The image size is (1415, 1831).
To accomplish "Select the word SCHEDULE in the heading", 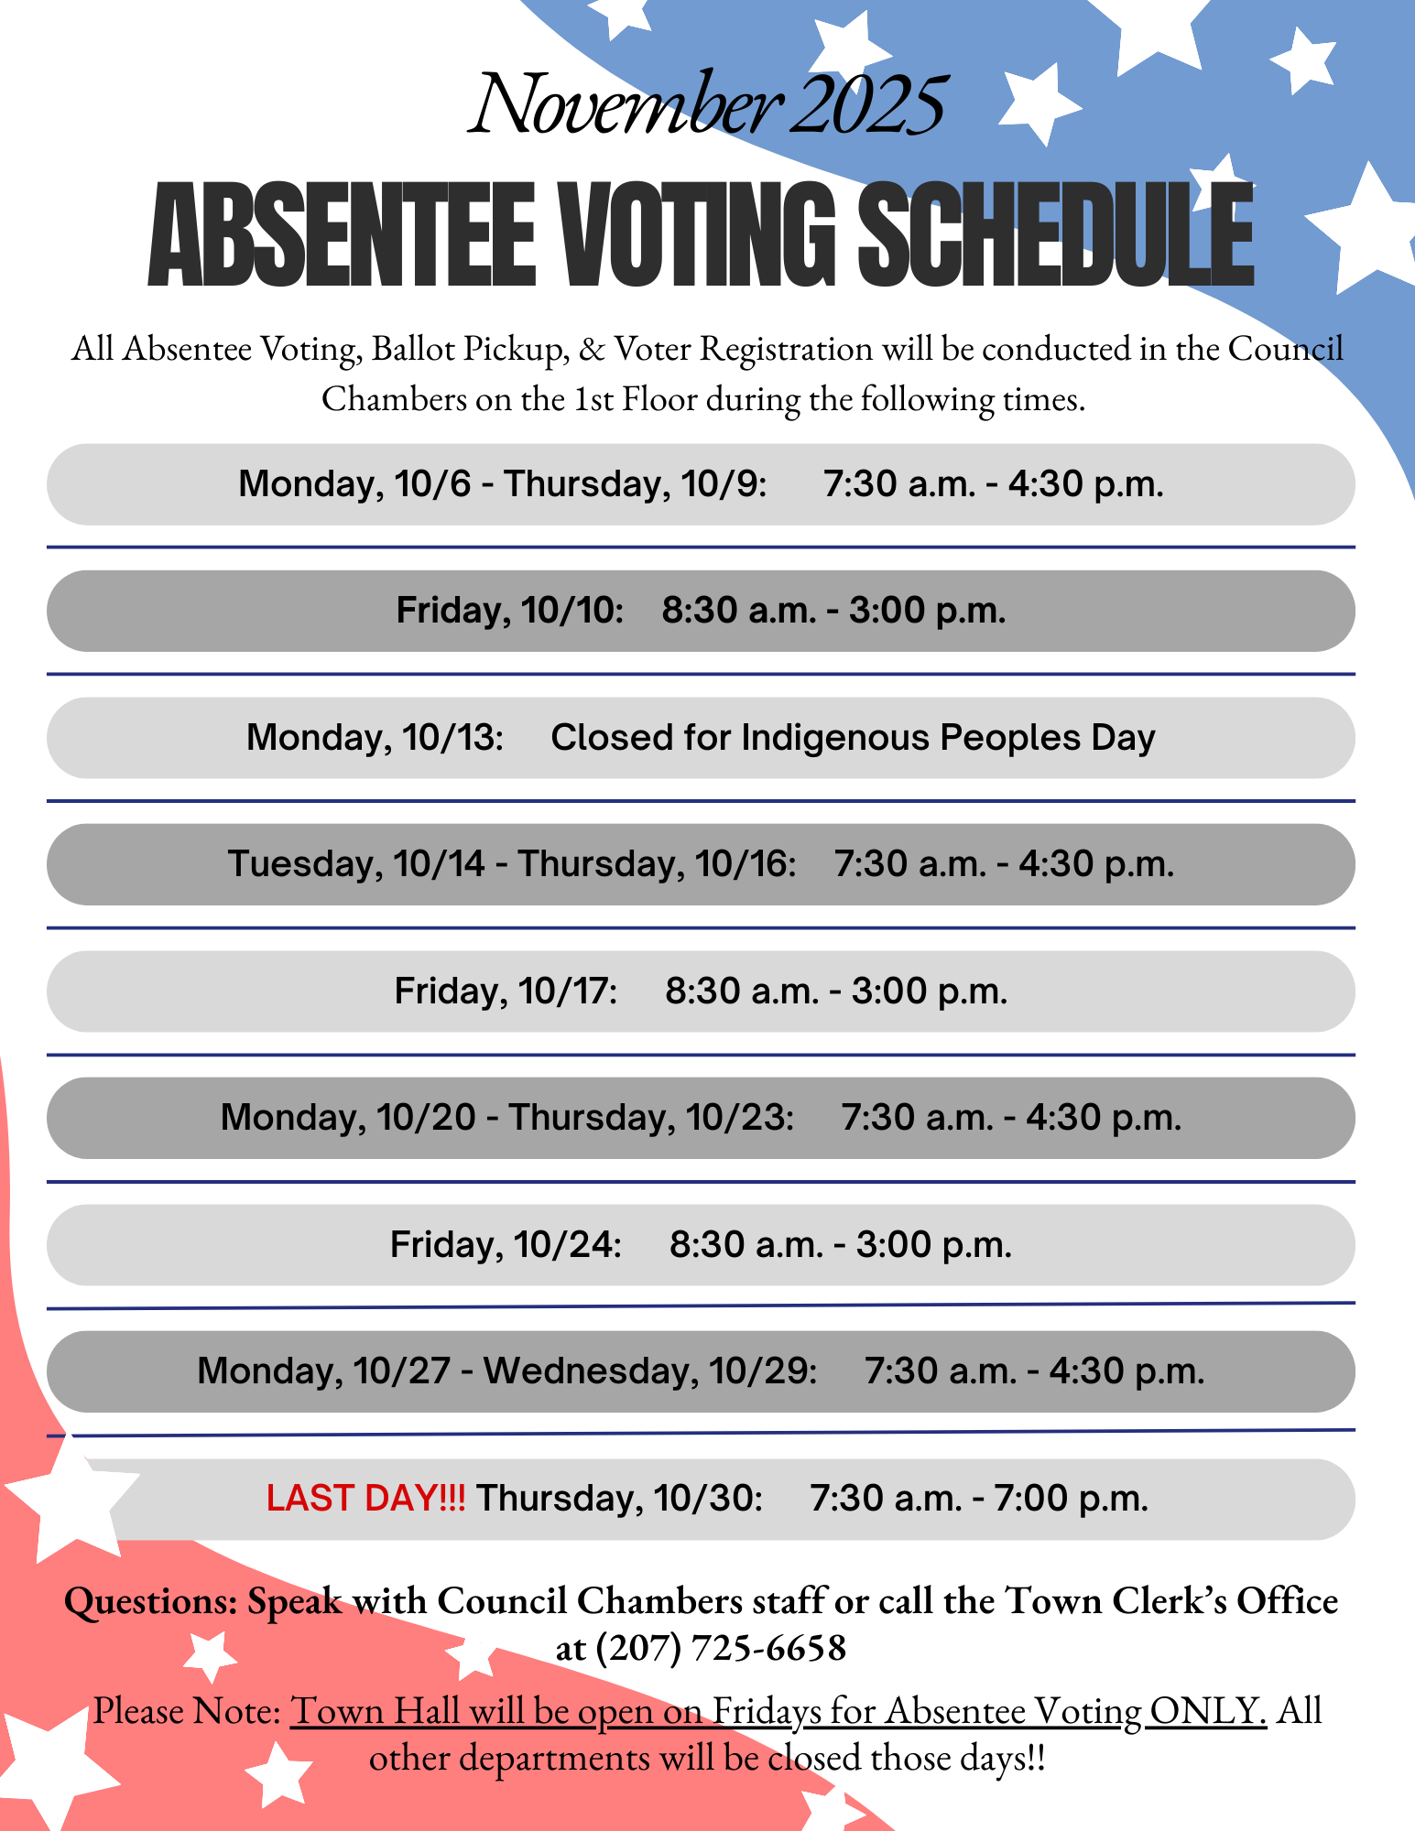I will (1055, 235).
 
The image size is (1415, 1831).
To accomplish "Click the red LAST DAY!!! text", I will (365, 1499).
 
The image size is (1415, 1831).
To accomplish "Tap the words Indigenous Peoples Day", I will (948, 738).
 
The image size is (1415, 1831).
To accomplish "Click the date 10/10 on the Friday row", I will (572, 611).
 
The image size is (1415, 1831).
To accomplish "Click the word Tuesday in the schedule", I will (306, 864).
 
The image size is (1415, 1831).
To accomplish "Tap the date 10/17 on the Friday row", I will (568, 991).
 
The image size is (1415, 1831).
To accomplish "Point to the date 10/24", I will (568, 1245).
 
